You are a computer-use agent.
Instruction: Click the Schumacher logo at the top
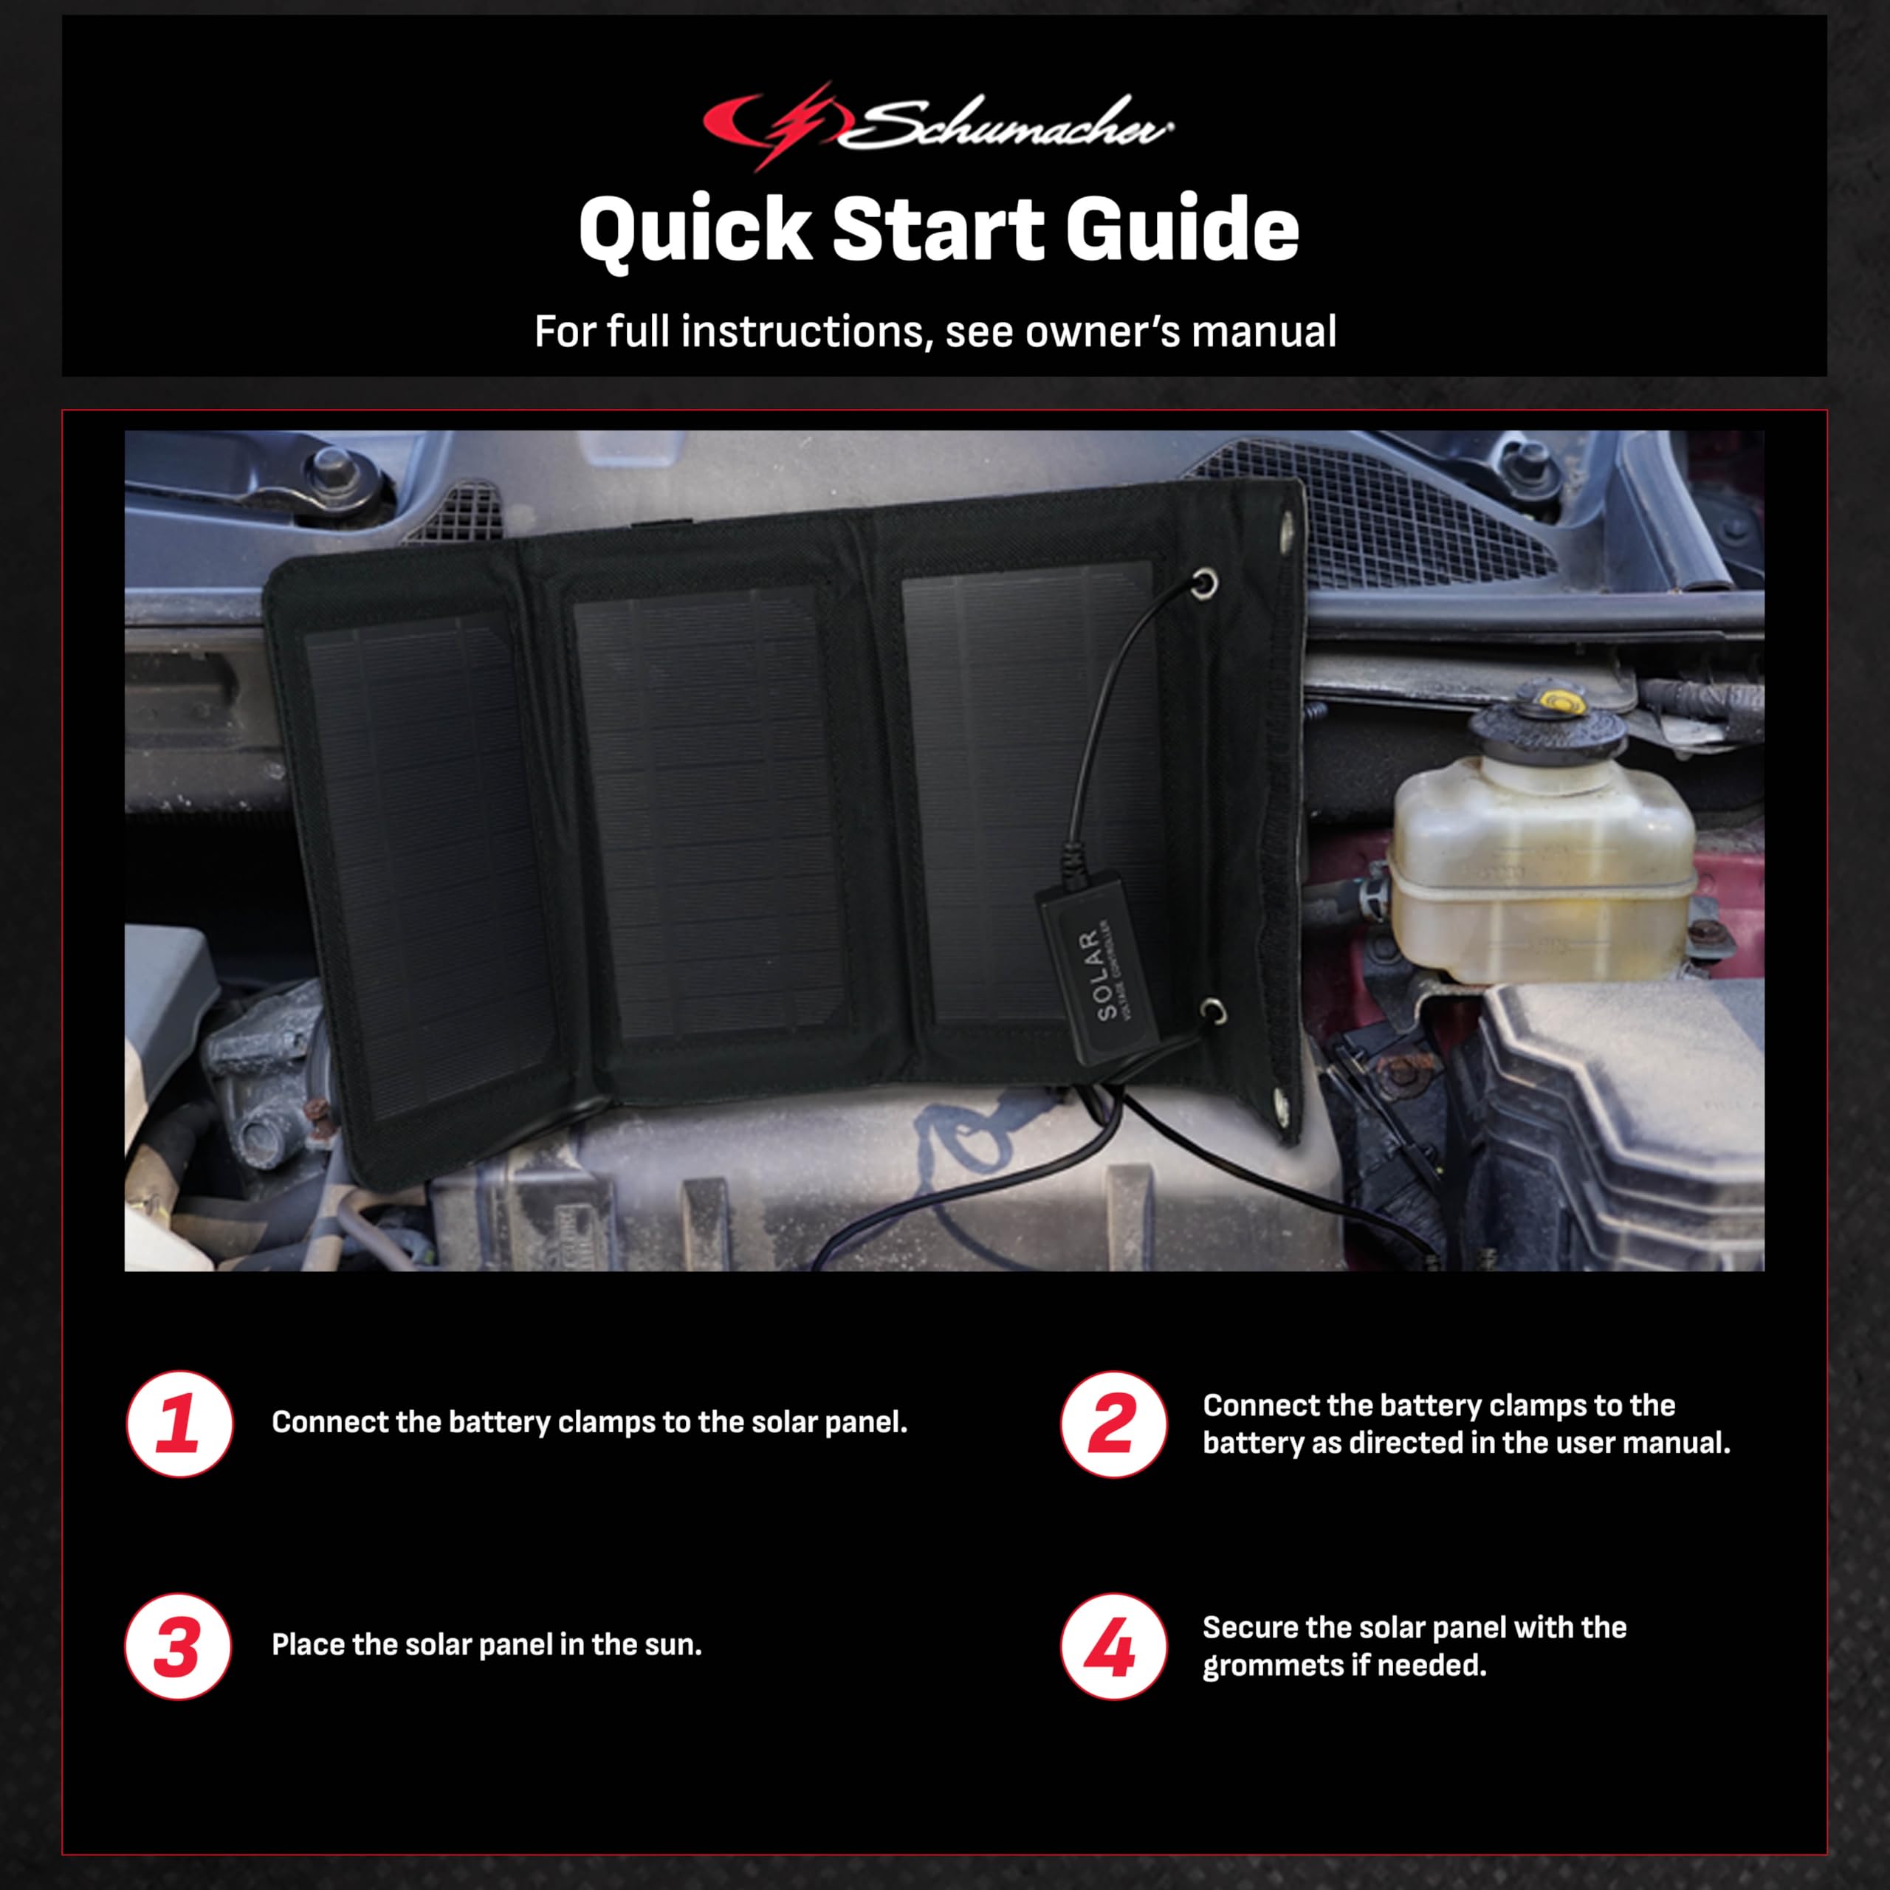937,126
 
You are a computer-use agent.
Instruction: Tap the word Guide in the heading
1182,229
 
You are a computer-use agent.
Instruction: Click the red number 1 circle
179,1424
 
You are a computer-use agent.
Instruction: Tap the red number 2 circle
1113,1424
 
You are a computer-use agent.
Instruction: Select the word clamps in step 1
607,1423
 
